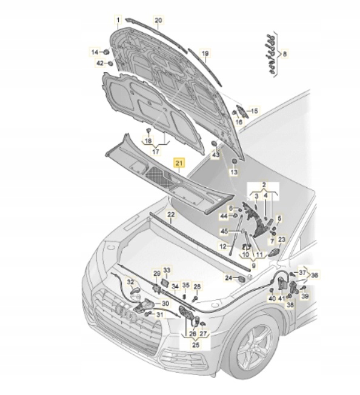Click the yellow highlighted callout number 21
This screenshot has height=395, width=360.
pyautogui.click(x=179, y=163)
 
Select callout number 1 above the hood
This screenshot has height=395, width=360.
pyautogui.click(x=118, y=20)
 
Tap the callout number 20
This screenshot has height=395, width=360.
pyautogui.click(x=158, y=21)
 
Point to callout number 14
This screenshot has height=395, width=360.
pyautogui.click(x=95, y=53)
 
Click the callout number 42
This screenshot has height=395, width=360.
pyautogui.click(x=99, y=63)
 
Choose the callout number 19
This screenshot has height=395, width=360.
pyautogui.click(x=205, y=53)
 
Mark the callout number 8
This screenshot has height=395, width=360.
pyautogui.click(x=285, y=54)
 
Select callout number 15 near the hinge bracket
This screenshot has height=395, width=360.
pyautogui.click(x=254, y=111)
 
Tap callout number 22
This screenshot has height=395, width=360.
pyautogui.click(x=171, y=215)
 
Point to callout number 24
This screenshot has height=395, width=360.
pyautogui.click(x=228, y=278)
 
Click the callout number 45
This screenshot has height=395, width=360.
pyautogui.click(x=224, y=231)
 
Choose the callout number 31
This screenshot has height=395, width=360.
pyautogui.click(x=159, y=314)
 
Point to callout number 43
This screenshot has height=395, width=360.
pyautogui.click(x=215, y=156)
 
